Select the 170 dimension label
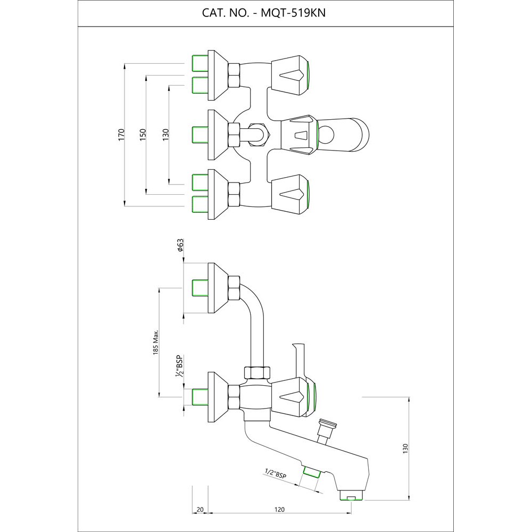(121, 134)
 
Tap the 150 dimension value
(143, 134)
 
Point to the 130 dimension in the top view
(165, 134)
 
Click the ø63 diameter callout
(181, 245)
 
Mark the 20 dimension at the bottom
(200, 509)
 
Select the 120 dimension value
(279, 509)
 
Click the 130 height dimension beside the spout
(405, 448)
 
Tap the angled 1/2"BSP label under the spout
(275, 474)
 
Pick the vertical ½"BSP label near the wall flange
(180, 365)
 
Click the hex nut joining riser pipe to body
(256, 372)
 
